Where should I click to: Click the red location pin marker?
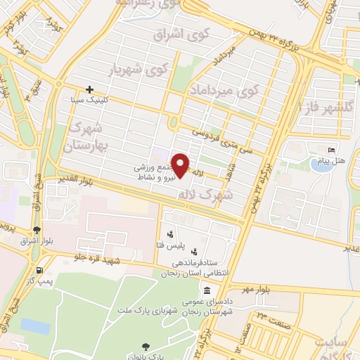pyautogui.click(x=181, y=165)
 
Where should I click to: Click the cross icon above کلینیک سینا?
pyautogui.click(x=89, y=89)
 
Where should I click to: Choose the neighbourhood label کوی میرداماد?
pyautogui.click(x=224, y=90)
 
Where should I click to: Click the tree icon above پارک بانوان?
pyautogui.click(x=146, y=346)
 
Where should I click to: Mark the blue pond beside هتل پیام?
pyautogui.click(x=321, y=165)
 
